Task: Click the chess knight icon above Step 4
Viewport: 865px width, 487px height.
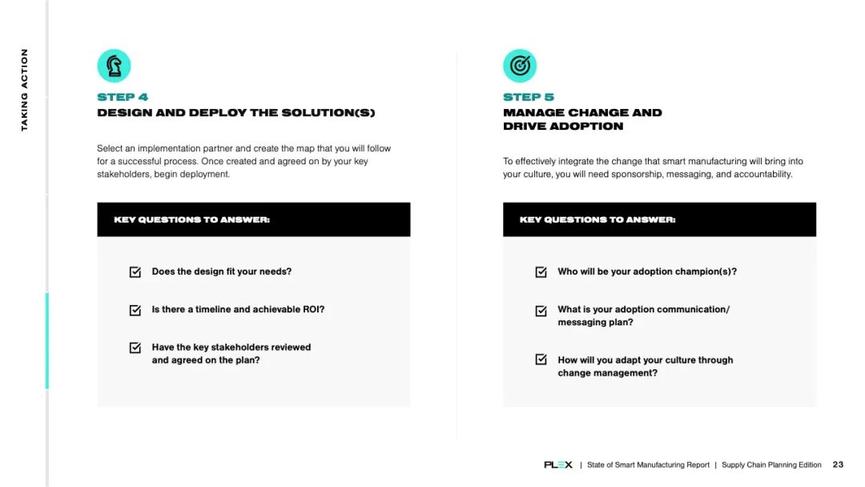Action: [x=114, y=66]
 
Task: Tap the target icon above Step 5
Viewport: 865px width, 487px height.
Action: [x=520, y=66]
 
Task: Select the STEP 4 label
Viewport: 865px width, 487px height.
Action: [x=123, y=97]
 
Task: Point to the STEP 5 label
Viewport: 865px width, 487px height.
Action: [x=529, y=97]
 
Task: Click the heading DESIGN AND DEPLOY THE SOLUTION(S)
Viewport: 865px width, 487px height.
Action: [x=235, y=113]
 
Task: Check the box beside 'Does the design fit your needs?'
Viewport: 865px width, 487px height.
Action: [x=135, y=272]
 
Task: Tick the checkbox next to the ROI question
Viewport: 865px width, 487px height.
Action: [x=135, y=310]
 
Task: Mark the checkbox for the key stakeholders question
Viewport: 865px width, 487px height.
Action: [x=135, y=348]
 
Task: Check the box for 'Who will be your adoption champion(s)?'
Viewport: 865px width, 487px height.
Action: [x=541, y=272]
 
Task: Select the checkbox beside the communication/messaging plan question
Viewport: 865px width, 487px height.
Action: [x=541, y=310]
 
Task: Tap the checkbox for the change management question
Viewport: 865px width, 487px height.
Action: [x=541, y=360]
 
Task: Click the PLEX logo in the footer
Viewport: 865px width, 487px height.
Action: [x=558, y=465]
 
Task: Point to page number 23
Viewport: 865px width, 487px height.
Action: [x=838, y=465]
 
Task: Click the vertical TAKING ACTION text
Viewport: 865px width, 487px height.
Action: [x=25, y=90]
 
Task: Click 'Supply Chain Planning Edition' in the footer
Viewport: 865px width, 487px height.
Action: [x=771, y=465]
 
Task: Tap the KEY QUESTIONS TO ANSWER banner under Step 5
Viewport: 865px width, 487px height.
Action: [x=659, y=219]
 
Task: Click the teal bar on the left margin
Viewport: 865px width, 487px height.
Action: [x=46, y=340]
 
